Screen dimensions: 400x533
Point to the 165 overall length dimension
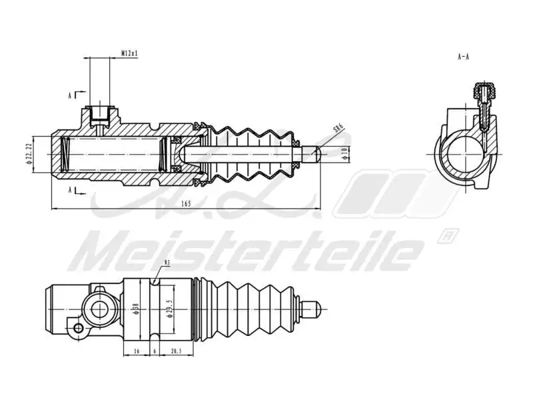click(x=185, y=203)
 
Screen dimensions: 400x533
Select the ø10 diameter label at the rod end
click(x=344, y=153)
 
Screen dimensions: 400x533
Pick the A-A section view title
click(x=464, y=57)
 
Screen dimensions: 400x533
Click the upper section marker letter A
click(x=71, y=95)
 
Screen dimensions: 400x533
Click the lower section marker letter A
click(x=71, y=190)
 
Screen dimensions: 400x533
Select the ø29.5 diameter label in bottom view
click(x=169, y=311)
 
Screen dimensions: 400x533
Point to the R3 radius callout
click(x=167, y=264)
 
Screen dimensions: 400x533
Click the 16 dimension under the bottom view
click(x=136, y=350)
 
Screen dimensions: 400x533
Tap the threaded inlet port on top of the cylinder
click(x=101, y=115)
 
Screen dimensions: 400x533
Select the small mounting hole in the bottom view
click(x=78, y=327)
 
